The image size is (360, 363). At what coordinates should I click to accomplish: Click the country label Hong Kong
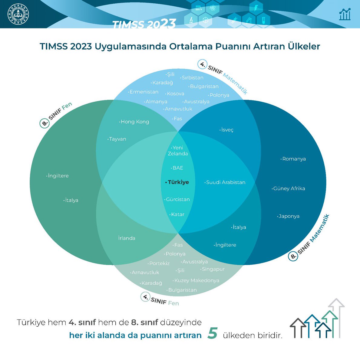click(x=135, y=122)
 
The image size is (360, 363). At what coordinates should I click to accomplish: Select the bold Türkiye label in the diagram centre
click(x=178, y=182)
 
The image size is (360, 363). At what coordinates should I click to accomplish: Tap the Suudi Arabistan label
click(x=226, y=182)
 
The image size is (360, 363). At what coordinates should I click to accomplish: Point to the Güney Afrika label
click(x=289, y=188)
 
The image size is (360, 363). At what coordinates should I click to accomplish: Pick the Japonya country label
click(x=289, y=216)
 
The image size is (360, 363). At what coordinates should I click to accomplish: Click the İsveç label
click(x=227, y=130)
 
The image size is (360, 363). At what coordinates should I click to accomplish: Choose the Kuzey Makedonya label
click(x=197, y=280)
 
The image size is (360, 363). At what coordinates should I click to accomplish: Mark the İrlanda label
click(x=127, y=238)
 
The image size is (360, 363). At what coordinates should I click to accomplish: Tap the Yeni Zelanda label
click(x=178, y=151)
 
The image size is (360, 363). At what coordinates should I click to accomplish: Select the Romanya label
click(x=294, y=159)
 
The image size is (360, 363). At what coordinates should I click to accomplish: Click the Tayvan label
click(x=117, y=139)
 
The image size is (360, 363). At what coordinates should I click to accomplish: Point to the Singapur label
click(x=213, y=269)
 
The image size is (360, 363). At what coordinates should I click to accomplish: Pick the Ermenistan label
click(x=144, y=92)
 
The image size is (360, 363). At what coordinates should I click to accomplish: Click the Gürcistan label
click(x=178, y=199)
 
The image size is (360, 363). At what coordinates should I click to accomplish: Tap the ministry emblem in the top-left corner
click(x=18, y=14)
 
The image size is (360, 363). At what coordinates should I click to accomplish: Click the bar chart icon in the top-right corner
click(x=345, y=14)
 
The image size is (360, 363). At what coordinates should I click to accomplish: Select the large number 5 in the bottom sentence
click(x=213, y=333)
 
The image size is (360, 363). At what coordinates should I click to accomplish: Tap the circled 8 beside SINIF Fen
click(x=45, y=123)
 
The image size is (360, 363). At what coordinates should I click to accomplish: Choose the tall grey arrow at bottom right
click(x=337, y=318)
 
